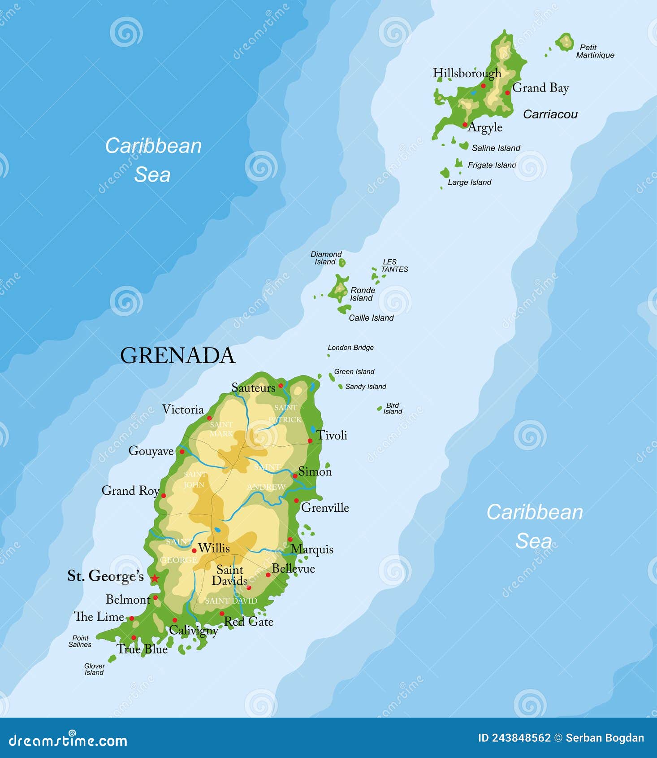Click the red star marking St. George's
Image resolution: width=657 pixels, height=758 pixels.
[155, 578]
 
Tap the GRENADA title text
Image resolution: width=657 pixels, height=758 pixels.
[177, 356]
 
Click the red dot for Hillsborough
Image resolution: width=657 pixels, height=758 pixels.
[483, 86]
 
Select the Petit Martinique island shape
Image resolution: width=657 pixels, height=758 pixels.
[565, 42]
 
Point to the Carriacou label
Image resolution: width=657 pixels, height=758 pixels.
[550, 114]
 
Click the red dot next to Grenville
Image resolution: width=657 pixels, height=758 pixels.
[296, 501]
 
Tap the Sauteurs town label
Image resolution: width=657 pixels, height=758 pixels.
[254, 388]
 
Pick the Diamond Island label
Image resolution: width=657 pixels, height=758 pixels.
[326, 258]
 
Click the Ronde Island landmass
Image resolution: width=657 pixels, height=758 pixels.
[338, 289]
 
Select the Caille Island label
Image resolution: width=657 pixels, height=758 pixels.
[371, 318]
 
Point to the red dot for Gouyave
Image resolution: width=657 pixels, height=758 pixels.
[182, 452]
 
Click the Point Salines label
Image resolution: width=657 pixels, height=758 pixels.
[80, 641]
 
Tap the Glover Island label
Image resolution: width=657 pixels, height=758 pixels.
[94, 669]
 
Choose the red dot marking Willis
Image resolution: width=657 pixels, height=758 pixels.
[194, 551]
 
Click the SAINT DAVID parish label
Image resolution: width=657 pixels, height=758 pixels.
[231, 601]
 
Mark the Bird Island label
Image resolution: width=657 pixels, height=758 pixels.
[393, 408]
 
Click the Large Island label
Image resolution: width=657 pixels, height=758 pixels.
[469, 183]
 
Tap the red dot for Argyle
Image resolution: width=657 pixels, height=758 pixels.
[465, 125]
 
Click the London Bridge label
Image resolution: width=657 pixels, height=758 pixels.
[350, 348]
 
